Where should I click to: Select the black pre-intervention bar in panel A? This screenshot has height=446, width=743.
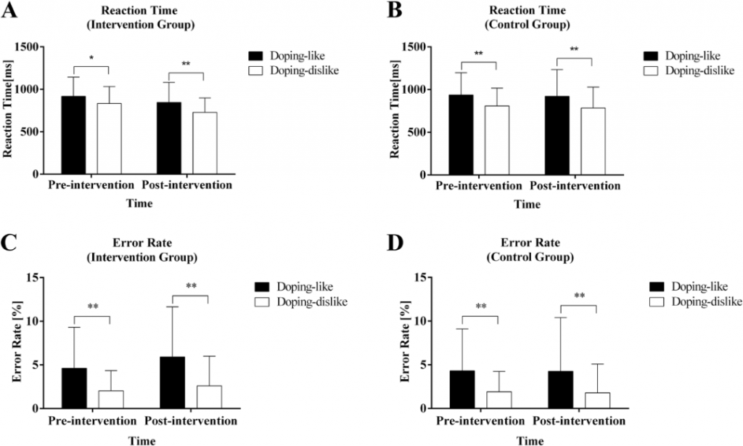pos(74,135)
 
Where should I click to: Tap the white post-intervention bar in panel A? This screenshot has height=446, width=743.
pos(204,143)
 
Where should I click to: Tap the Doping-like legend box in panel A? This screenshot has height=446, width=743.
pos(256,55)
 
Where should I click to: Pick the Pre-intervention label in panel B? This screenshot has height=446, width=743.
pos(480,187)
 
